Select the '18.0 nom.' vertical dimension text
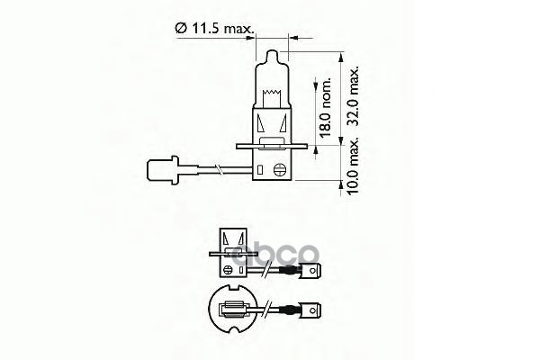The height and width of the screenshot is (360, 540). coord(327,107)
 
